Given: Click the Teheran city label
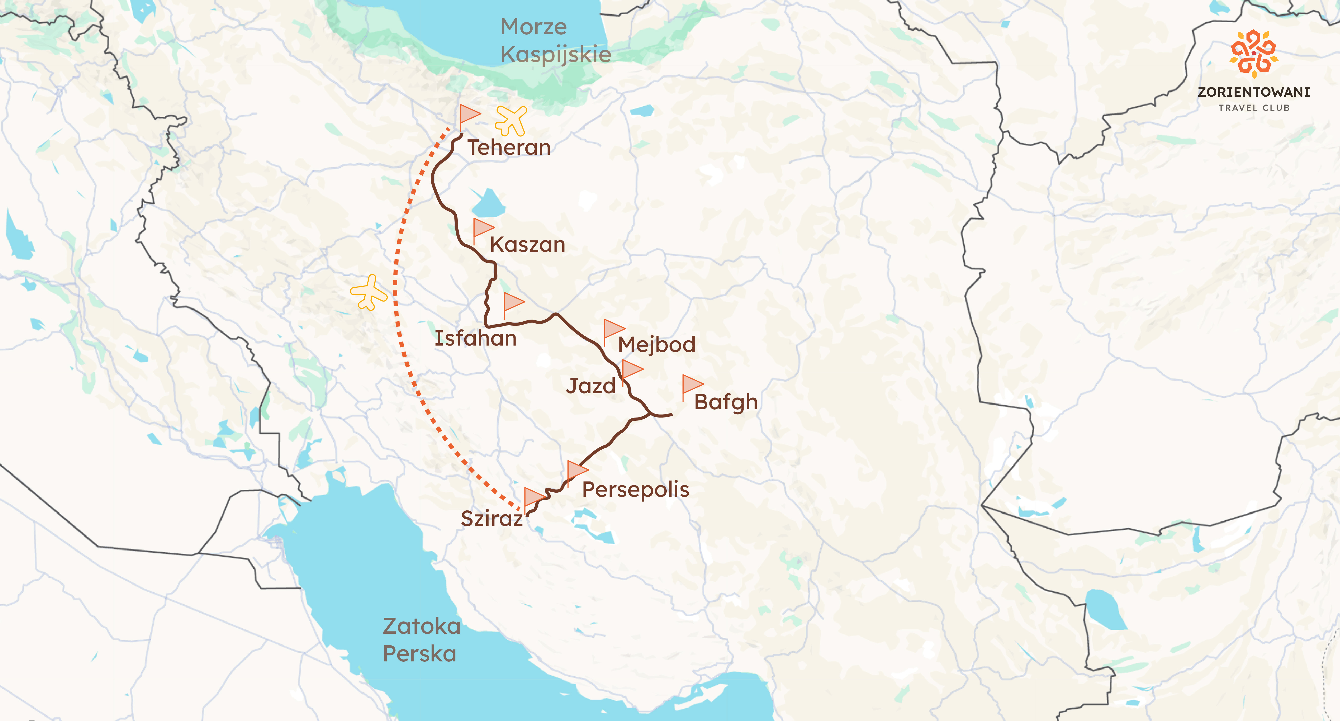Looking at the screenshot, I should coord(508,148).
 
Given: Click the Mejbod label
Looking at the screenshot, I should coord(657,345).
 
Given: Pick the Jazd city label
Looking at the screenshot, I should coord(590,386).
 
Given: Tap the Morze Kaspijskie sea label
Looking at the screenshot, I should coord(555,41).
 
